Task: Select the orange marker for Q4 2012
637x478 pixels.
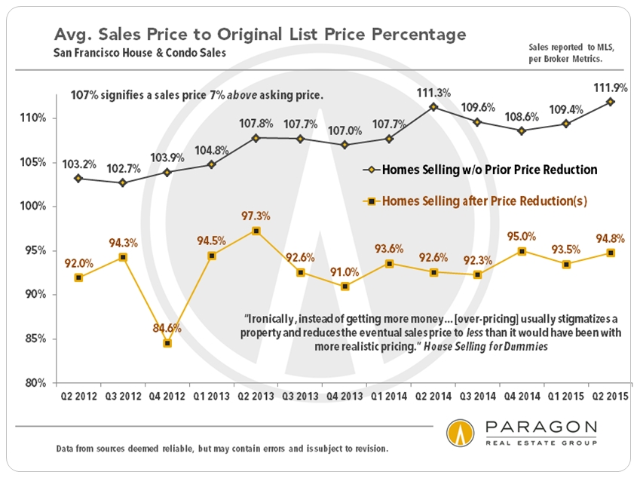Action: coord(167,343)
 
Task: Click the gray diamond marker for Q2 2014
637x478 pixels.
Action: coord(433,107)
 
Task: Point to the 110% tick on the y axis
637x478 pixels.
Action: coord(35,118)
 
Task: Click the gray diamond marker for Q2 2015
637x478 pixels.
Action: coord(611,102)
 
